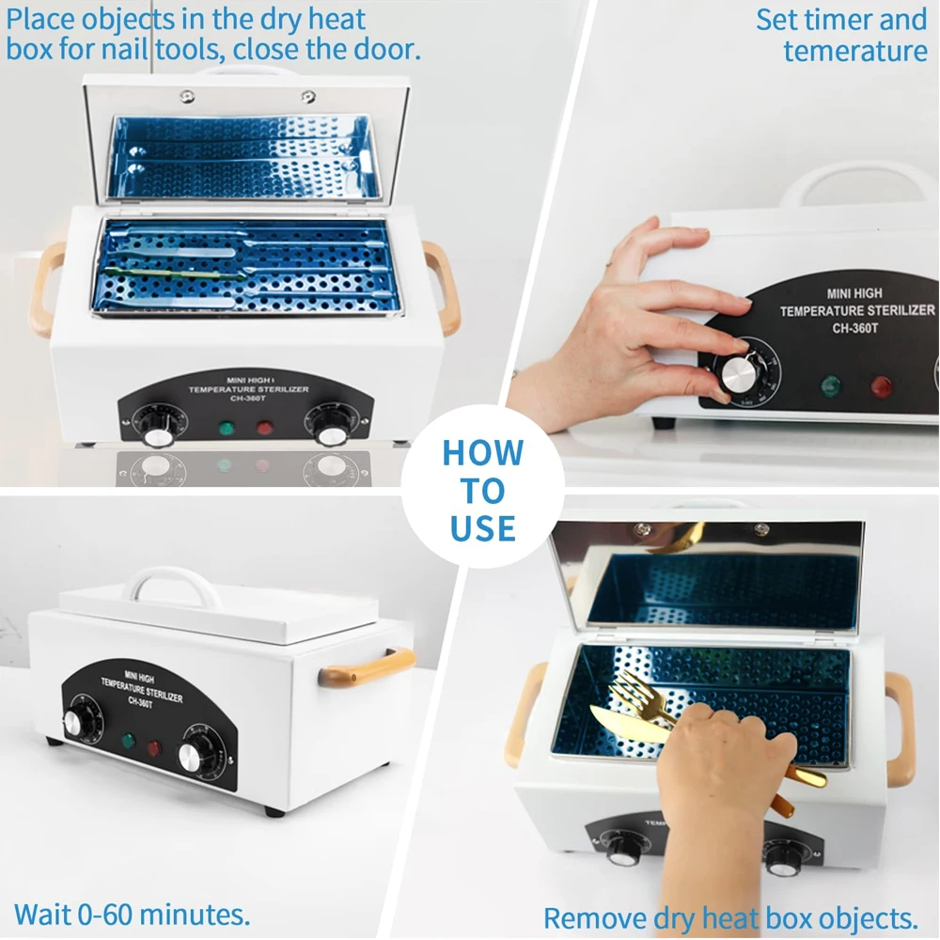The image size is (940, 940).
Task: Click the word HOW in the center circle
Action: [x=482, y=452]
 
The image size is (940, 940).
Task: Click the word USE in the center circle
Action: [x=482, y=527]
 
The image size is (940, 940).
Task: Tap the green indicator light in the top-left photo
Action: [x=226, y=429]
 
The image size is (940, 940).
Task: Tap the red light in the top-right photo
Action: [x=881, y=386]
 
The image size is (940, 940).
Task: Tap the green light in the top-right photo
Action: [x=830, y=385]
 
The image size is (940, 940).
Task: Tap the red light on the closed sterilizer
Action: [x=153, y=749]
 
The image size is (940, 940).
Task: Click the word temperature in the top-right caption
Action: [x=854, y=50]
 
